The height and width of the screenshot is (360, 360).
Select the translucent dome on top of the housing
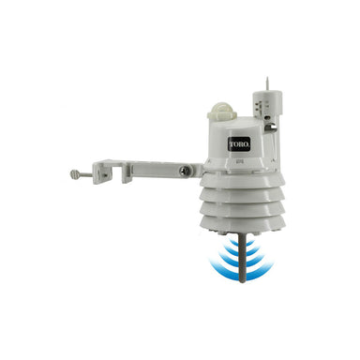pos(221,109)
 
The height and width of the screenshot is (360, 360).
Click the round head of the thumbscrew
pos(74,173)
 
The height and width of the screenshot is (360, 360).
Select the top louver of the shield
pos(243,185)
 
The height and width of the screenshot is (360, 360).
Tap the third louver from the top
pos(243,215)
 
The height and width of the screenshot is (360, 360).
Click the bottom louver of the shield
pos(243,228)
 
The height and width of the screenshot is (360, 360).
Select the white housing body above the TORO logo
pos(239,127)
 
